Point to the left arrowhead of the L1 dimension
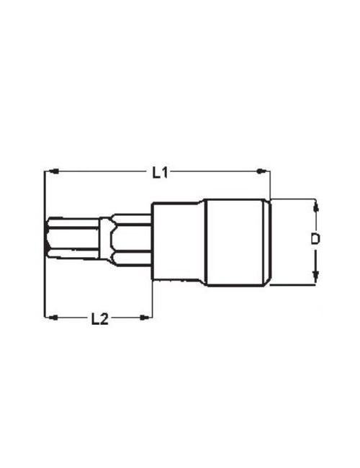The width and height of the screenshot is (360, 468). (51, 171)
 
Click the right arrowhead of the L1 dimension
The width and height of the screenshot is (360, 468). (264, 171)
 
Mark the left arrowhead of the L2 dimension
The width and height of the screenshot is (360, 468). (51, 316)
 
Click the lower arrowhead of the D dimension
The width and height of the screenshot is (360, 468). (315, 277)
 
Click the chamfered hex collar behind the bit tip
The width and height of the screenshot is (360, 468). (130, 238)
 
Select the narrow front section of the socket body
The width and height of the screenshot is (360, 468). (176, 241)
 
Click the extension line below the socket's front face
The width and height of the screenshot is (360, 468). (152, 299)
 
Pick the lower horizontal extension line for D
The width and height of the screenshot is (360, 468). (295, 285)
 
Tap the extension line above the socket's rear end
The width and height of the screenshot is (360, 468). (270, 184)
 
